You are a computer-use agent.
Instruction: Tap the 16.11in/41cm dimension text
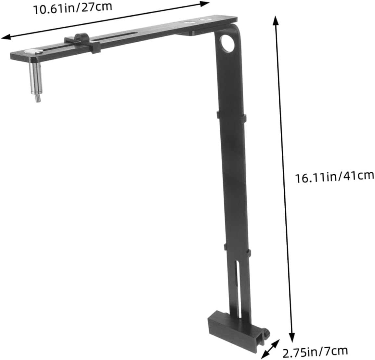click(334, 177)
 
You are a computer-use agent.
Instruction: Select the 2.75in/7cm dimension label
click(315, 352)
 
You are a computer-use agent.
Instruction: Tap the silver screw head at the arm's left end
click(32, 51)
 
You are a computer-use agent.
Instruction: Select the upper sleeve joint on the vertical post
click(230, 116)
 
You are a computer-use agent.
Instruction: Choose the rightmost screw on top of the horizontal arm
click(205, 20)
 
